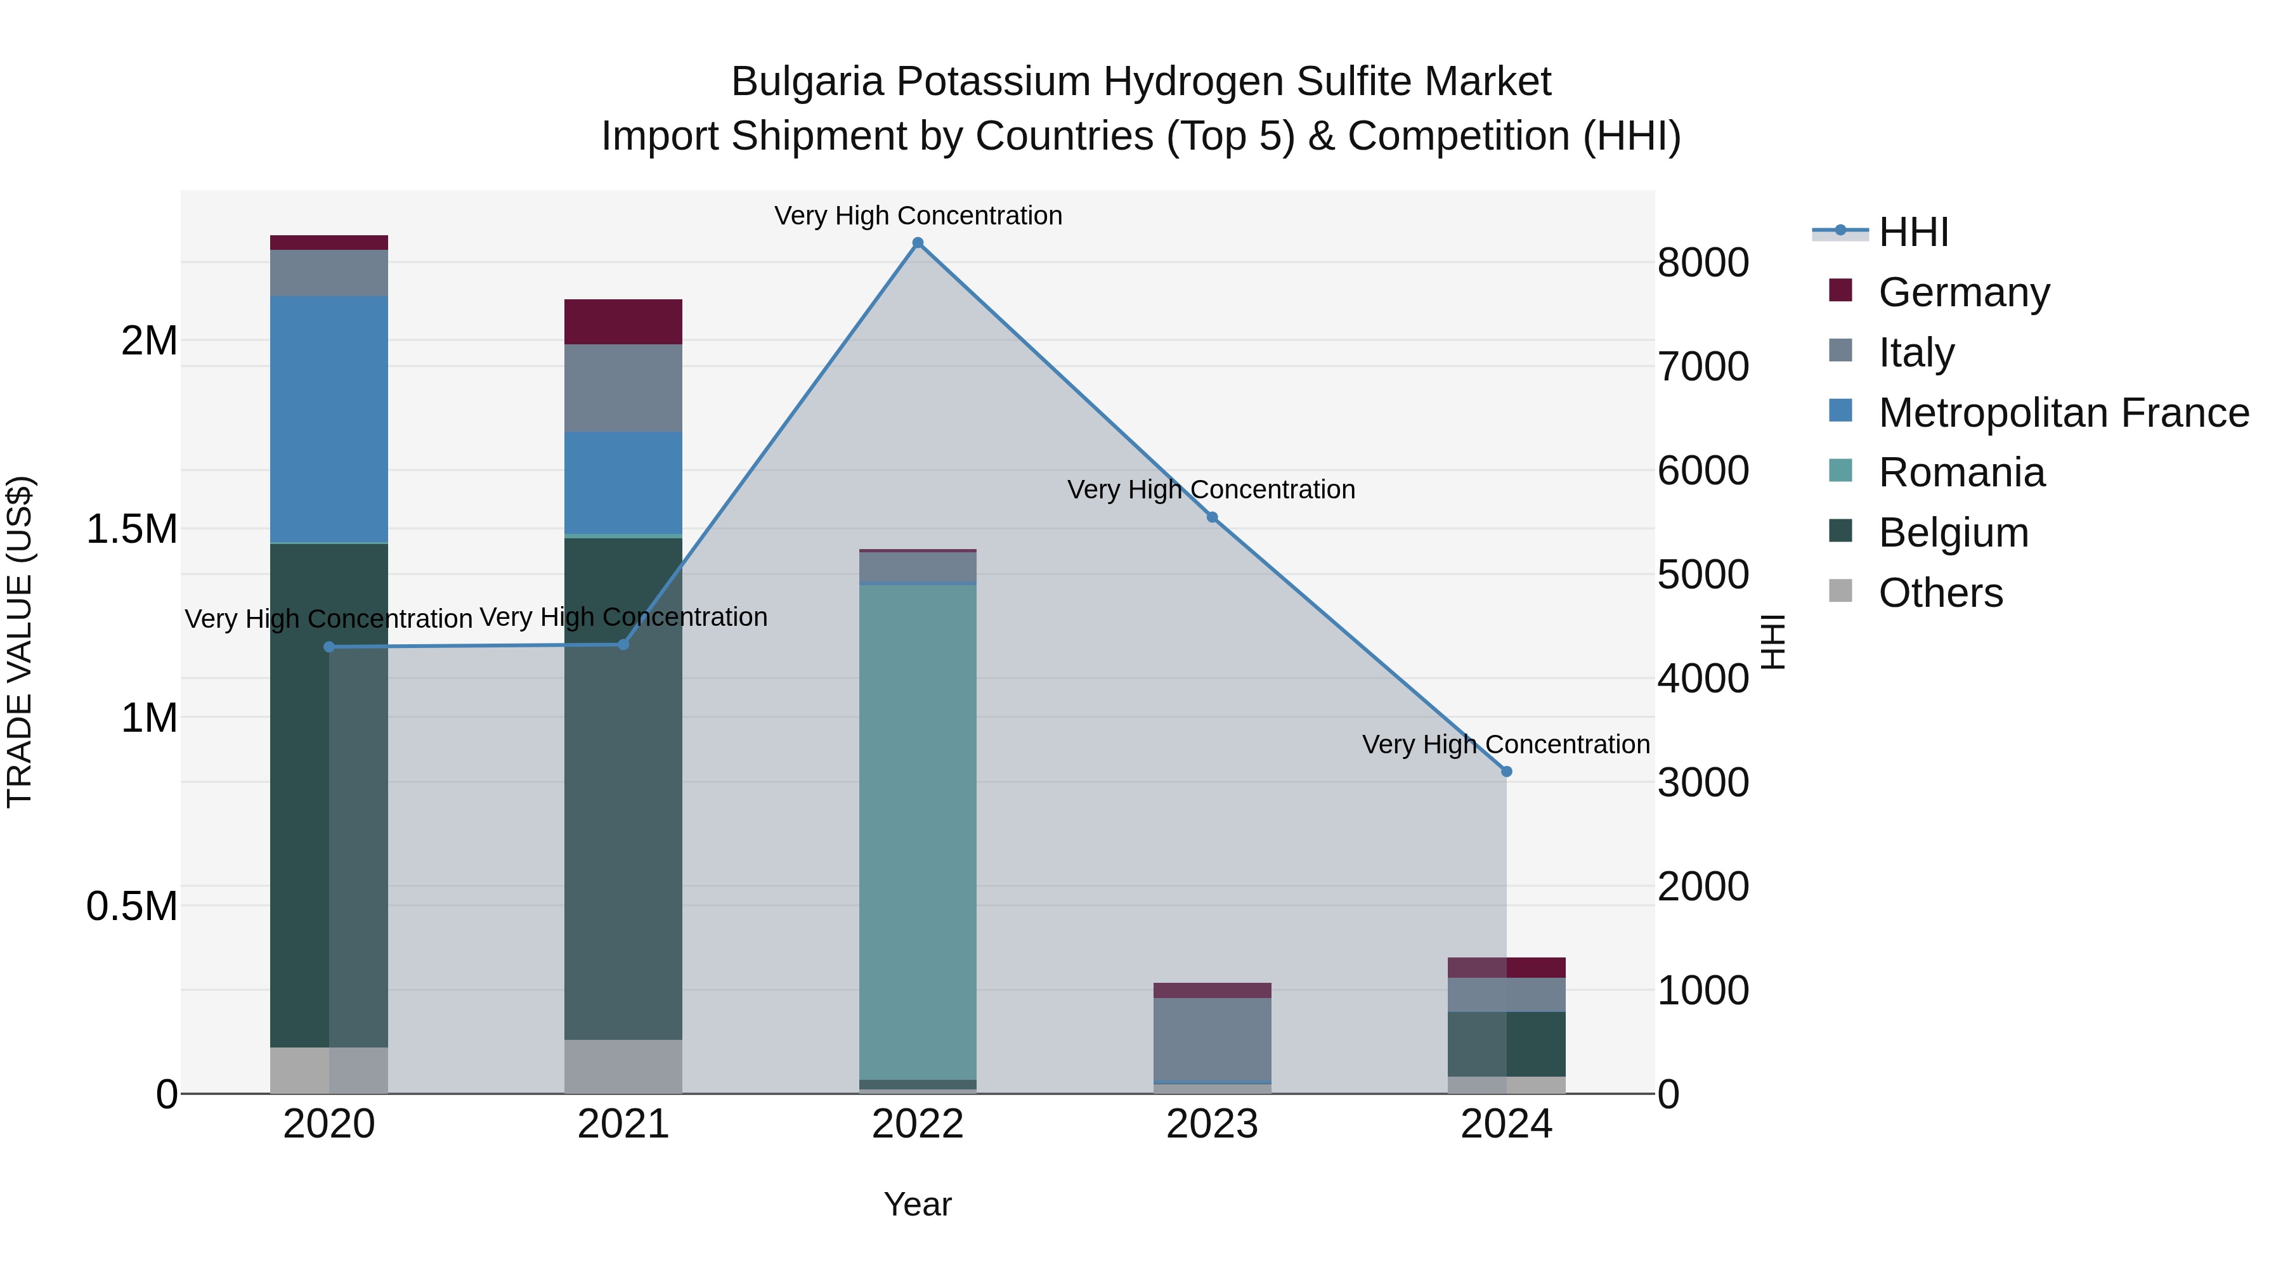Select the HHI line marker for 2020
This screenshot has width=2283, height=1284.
click(x=328, y=647)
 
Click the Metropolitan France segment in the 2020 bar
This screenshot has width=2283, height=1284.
click(x=328, y=418)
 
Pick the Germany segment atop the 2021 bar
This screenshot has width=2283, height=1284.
click(x=623, y=321)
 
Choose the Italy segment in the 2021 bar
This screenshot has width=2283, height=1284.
click(x=623, y=387)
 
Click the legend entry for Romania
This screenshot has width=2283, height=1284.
click(x=1961, y=472)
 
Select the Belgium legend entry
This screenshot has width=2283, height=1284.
click(x=1953, y=533)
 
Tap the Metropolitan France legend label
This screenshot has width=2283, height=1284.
click(x=2063, y=413)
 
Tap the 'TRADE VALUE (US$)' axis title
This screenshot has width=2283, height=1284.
click(x=20, y=642)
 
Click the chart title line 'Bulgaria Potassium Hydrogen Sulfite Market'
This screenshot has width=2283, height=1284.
click(x=1141, y=82)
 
